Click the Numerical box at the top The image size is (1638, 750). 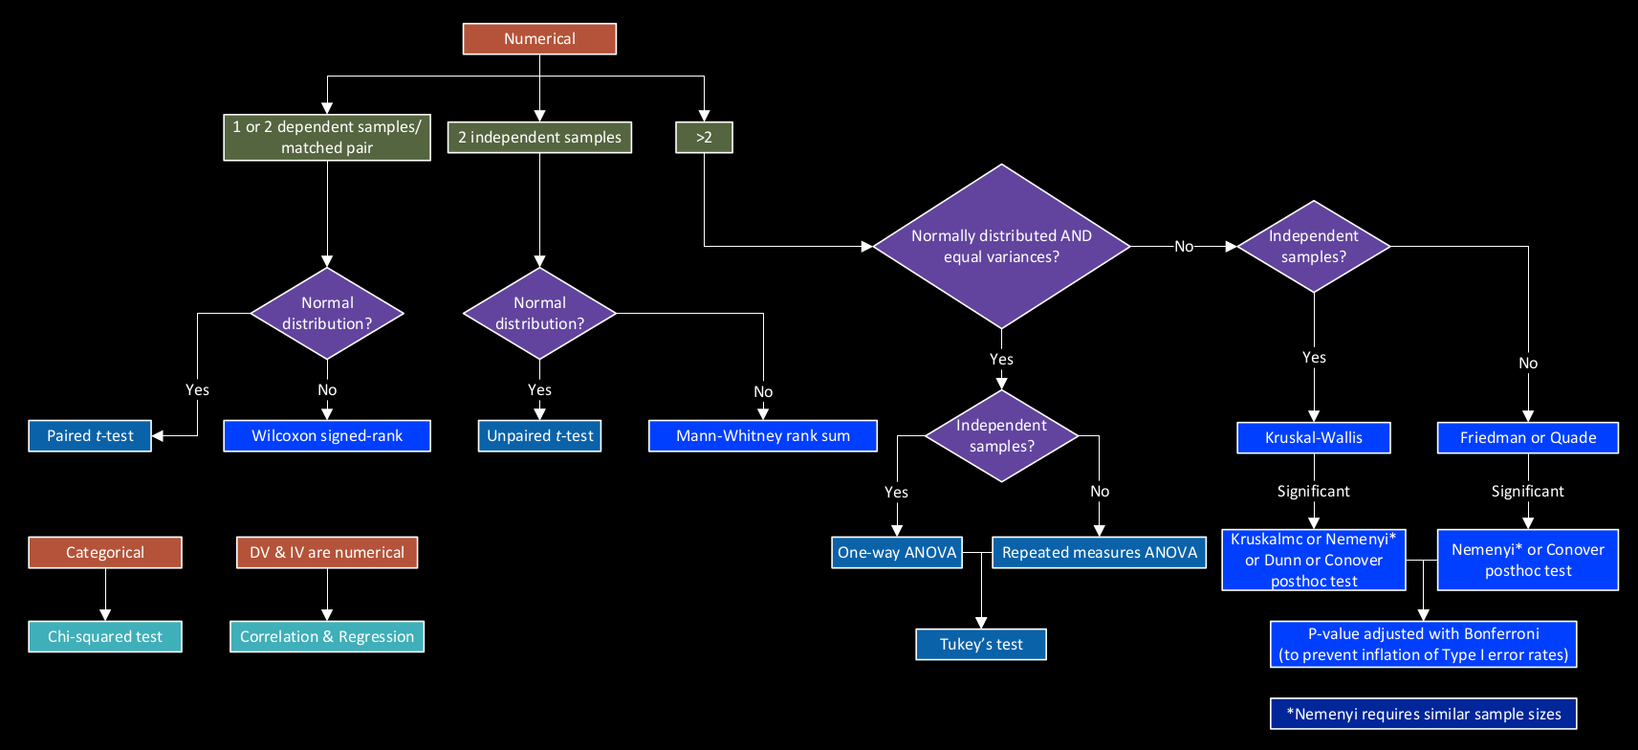pos(539,39)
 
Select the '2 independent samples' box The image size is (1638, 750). pos(539,138)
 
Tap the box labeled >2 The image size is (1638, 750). pos(704,138)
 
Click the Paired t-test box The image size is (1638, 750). pos(90,436)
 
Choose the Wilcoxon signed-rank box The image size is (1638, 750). pos(327,436)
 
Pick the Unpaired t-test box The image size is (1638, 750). pos(539,436)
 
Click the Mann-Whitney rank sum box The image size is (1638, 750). pos(762,436)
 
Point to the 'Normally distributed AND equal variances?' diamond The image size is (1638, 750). pos(1001,247)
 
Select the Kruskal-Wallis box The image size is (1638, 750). pos(1313,438)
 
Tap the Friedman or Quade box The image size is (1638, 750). pos(1527,438)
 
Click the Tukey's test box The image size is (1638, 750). pos(980,645)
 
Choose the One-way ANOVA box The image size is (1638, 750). pos(896,553)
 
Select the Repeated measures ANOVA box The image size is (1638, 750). pos(1099,553)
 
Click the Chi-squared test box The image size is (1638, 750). pos(105,637)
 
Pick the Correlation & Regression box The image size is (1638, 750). pos(327,637)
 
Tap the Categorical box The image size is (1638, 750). pos(105,553)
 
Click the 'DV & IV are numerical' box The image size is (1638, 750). pos(327,553)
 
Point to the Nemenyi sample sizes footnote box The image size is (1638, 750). pos(1423,715)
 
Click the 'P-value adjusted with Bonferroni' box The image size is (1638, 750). pos(1423,645)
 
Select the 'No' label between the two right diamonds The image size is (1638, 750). pos(1184,247)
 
